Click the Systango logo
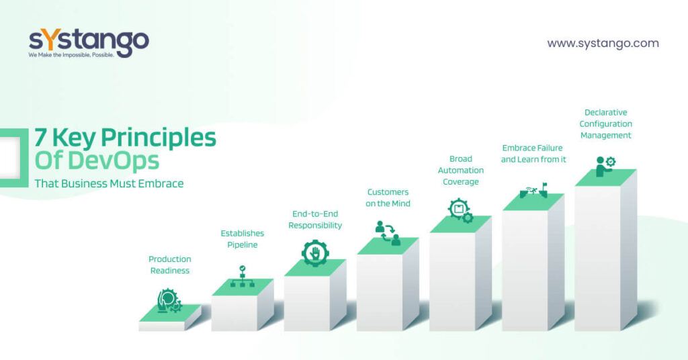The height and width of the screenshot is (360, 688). click(x=89, y=43)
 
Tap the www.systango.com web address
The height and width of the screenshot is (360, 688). click(x=603, y=44)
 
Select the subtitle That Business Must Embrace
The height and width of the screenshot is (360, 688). click(x=110, y=183)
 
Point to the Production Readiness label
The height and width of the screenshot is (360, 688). click(x=170, y=265)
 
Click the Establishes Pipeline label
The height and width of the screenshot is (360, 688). click(x=242, y=239)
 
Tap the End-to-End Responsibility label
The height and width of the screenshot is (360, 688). click(x=315, y=220)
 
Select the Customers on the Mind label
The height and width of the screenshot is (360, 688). click(x=388, y=197)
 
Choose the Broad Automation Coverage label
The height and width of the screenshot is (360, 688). click(x=461, y=170)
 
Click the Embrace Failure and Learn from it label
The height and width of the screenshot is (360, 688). click(x=533, y=154)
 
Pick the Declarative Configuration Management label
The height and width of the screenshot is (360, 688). click(x=605, y=124)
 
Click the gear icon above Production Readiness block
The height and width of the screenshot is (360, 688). click(x=169, y=301)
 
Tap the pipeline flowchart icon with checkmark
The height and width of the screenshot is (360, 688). click(x=242, y=276)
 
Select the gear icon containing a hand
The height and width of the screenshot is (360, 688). click(x=315, y=253)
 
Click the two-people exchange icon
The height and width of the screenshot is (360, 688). click(x=388, y=233)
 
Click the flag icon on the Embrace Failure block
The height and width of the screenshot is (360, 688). click(x=544, y=187)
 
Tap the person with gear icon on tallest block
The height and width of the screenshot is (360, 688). click(x=605, y=167)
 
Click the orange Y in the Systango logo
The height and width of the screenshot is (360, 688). click(x=50, y=40)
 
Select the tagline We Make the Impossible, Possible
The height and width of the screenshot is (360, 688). click(x=71, y=55)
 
